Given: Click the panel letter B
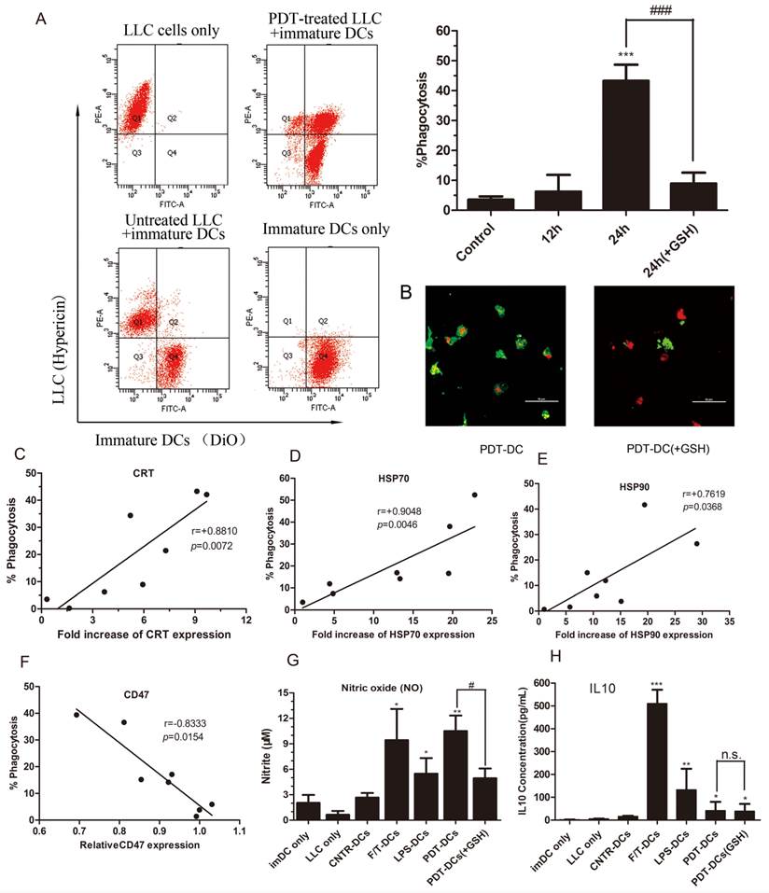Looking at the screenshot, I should coord(405,291).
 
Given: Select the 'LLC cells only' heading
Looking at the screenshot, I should coord(172,31).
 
